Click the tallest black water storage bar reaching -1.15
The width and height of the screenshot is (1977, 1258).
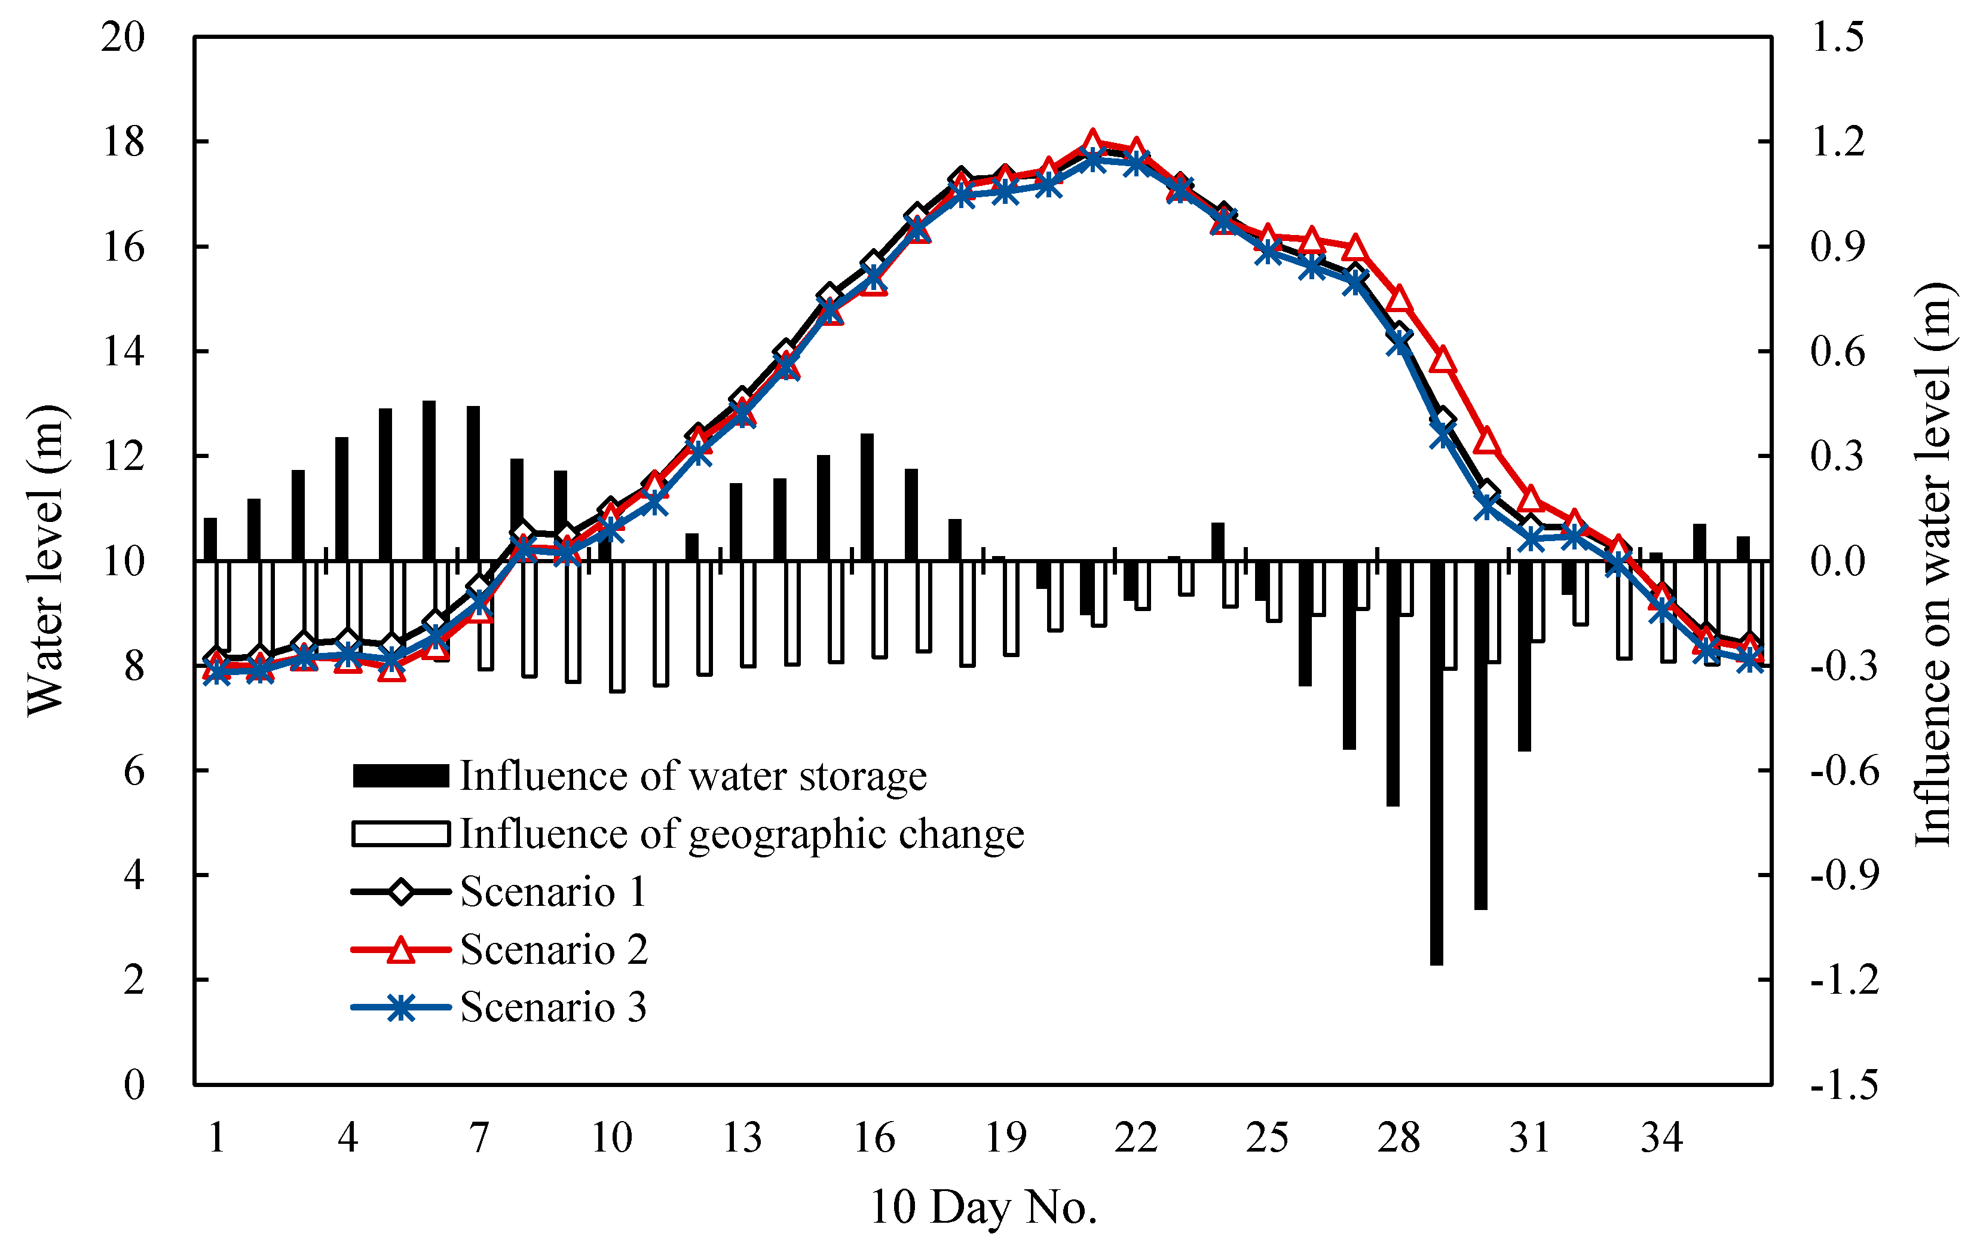click(1436, 764)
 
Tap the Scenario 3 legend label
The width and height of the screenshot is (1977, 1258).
click(553, 1007)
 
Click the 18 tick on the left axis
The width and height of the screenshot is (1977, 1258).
click(123, 142)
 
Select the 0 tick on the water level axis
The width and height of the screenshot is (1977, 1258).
click(134, 1085)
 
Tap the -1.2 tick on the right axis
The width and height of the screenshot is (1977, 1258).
click(1844, 979)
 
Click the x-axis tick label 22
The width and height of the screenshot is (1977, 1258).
click(1136, 1138)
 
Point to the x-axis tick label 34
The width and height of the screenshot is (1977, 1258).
click(1661, 1138)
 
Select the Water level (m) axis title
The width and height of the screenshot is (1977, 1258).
click(45, 561)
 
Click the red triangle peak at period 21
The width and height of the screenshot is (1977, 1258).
click(1092, 141)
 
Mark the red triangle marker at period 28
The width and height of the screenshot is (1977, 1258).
click(1399, 299)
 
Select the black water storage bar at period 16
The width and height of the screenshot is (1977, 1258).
click(867, 497)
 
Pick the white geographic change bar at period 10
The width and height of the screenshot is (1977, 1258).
click(617, 626)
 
